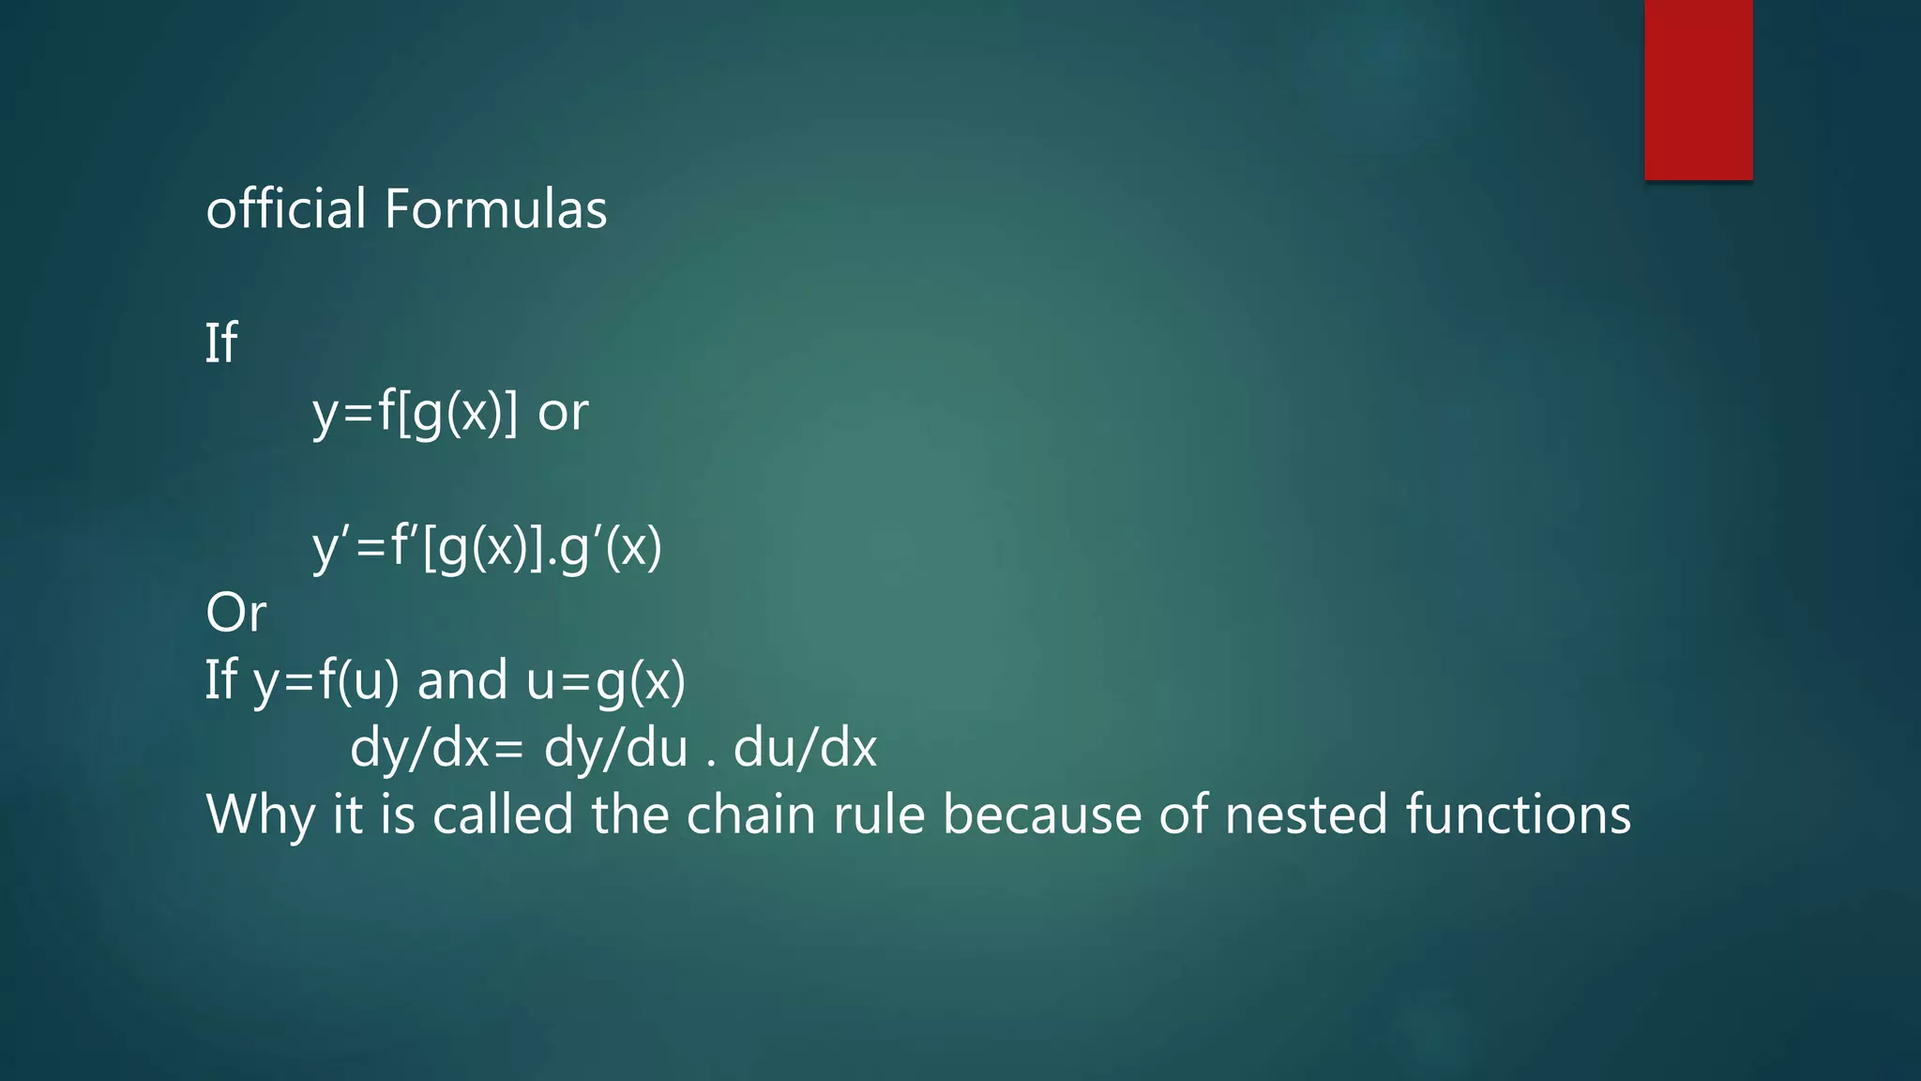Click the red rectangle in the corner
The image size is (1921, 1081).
point(1698,89)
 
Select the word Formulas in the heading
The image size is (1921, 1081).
point(495,208)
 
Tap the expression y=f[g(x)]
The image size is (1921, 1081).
point(415,412)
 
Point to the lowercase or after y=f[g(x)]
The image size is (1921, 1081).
point(563,412)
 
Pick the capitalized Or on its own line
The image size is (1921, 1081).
point(235,614)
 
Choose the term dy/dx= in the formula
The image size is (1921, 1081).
point(436,748)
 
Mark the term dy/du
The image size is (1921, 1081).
point(615,748)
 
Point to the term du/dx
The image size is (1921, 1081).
point(805,748)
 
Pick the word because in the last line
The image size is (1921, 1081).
point(1041,815)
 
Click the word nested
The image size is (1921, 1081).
point(1306,815)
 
